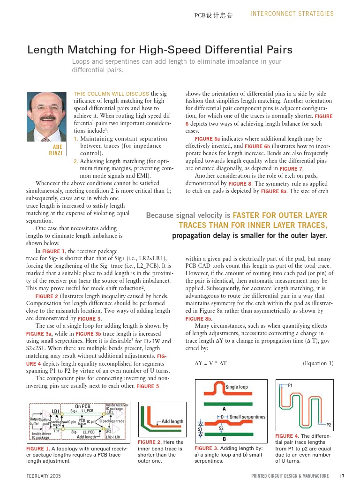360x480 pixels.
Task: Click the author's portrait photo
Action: click(46, 116)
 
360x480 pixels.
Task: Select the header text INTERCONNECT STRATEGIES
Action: click(292, 14)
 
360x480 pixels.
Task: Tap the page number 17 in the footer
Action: click(342, 476)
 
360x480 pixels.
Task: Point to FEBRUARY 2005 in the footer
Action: click(44, 476)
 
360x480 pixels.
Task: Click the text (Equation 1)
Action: click(318, 363)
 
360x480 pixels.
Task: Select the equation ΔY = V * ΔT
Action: click(211, 363)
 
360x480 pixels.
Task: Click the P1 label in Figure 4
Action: click(290, 385)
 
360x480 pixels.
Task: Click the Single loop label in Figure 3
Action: click(237, 387)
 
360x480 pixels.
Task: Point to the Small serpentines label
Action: click(247, 417)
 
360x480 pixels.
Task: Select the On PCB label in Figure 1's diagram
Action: click(83, 406)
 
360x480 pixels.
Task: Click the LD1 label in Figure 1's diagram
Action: click(55, 411)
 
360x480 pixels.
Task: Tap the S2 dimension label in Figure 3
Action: click(221, 428)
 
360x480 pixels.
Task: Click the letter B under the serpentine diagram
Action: click(224, 439)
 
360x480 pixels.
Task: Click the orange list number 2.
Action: click(75, 161)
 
